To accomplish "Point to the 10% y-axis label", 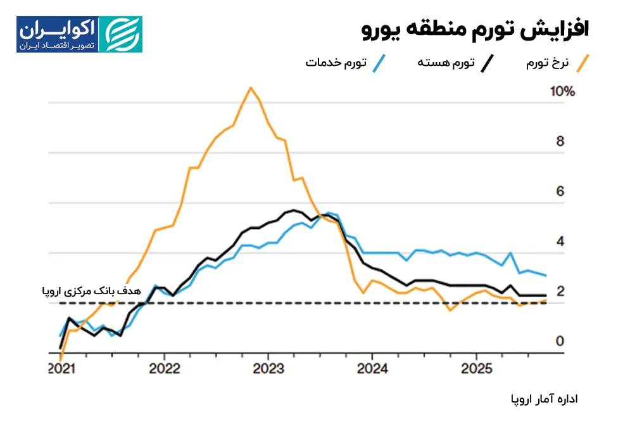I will coord(562,92).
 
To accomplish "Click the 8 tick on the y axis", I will coord(560,141).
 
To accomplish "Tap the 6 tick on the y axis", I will coord(560,191).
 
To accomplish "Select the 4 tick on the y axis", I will coord(560,241).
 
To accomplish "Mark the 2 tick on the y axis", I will coord(560,292).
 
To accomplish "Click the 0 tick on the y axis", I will coord(560,342).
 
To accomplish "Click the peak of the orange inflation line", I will coord(251,87).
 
